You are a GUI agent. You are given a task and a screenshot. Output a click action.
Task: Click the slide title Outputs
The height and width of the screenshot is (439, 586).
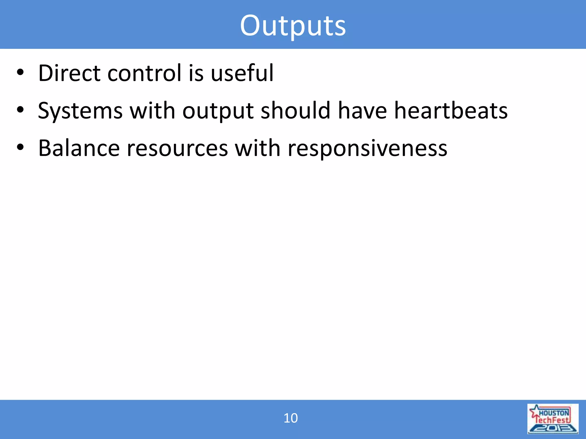[x=293, y=26]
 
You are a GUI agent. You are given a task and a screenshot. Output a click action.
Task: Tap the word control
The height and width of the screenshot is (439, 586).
[x=144, y=73]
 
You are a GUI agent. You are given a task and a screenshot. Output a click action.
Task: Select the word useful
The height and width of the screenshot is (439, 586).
[x=242, y=73]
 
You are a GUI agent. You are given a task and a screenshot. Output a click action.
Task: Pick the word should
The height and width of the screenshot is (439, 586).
[x=296, y=111]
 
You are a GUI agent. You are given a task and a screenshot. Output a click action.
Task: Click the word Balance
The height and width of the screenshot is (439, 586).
[x=79, y=149]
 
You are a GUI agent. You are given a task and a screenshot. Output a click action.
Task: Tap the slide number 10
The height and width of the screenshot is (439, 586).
[x=290, y=418]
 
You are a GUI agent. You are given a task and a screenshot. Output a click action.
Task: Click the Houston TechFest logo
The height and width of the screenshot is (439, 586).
[x=553, y=419]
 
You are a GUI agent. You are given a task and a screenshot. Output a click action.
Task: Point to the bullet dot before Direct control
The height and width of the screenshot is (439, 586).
[x=20, y=73]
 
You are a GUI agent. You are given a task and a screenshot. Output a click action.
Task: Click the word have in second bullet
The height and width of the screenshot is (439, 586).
[x=362, y=111]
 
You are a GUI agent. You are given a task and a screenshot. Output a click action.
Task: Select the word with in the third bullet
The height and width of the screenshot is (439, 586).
[x=258, y=149]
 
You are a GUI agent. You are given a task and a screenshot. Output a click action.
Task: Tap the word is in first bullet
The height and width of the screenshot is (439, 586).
[x=196, y=73]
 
